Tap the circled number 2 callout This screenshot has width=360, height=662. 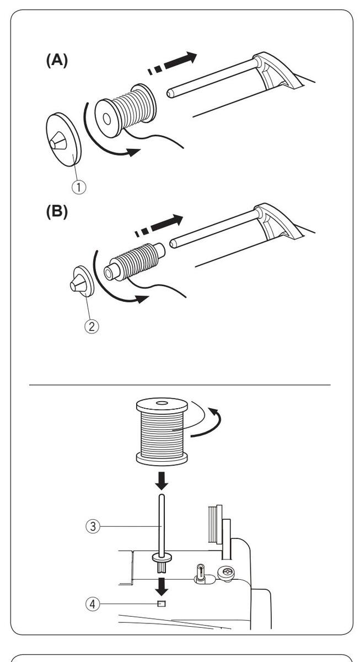92,325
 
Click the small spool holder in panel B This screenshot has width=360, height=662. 82,281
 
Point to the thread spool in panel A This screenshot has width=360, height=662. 124,108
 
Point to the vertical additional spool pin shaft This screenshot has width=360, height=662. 161,524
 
